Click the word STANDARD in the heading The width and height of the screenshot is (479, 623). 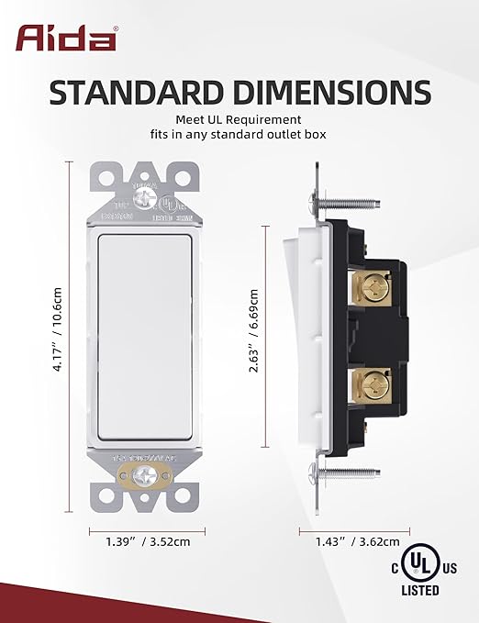coord(139,93)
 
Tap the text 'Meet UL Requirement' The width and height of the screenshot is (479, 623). coord(239,119)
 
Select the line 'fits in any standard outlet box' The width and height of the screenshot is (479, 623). coord(239,135)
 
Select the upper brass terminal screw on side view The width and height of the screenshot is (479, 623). coord(374,287)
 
